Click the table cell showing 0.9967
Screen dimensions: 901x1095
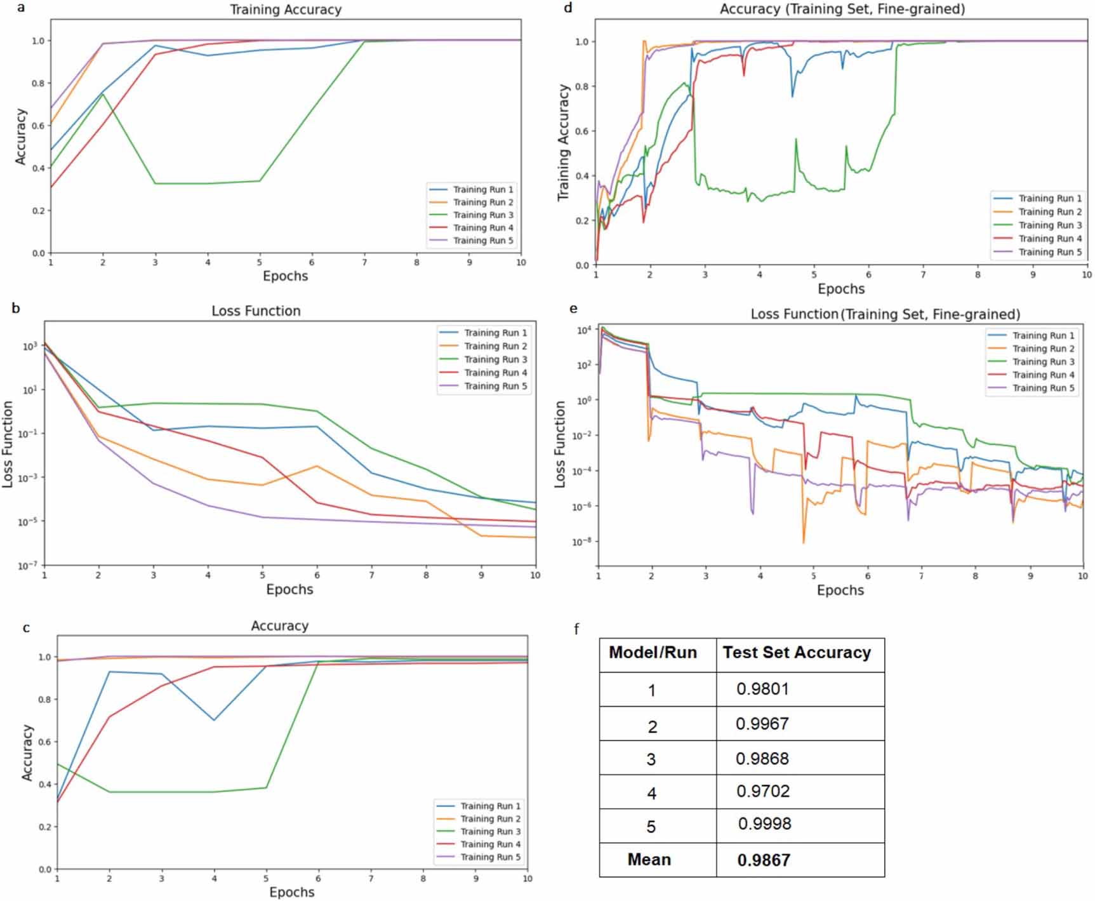coord(762,724)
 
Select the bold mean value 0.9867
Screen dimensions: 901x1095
coord(764,860)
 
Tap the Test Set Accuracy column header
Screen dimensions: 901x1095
coord(797,653)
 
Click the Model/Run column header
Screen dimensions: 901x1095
coord(653,653)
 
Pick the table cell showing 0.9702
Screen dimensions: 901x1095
coord(763,791)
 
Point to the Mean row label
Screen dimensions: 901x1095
coord(649,860)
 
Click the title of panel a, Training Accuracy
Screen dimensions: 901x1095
coord(285,10)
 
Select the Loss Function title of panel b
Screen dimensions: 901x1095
coord(256,311)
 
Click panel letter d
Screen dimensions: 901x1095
coord(567,8)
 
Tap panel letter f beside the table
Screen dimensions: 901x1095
coord(576,629)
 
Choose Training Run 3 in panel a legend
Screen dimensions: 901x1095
coord(483,215)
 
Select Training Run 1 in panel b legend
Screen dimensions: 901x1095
coord(495,333)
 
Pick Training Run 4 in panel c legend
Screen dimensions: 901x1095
coord(490,844)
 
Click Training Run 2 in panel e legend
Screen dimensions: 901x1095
coord(1043,349)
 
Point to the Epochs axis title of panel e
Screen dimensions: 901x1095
coord(840,590)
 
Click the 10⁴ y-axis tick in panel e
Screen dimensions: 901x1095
coord(584,330)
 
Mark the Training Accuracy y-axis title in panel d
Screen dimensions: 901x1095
coord(563,143)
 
